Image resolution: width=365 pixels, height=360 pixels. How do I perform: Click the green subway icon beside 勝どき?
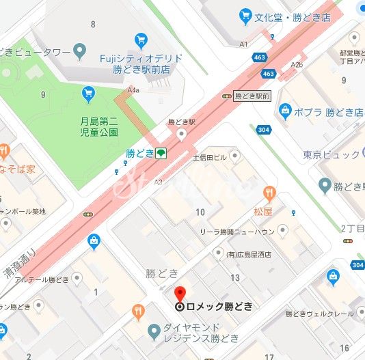pos(161,153)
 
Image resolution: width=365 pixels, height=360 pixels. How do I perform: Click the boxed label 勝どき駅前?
pos(252,96)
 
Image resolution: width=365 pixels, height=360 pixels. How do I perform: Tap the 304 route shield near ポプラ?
pos(262,129)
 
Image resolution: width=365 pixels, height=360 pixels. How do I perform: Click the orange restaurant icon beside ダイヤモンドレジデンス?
pos(139,313)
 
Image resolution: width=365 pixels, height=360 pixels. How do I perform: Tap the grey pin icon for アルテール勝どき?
pos(77,278)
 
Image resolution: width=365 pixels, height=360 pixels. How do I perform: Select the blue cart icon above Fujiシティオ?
pos(141,38)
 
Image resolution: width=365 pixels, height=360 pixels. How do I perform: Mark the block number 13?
pos(235,277)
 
